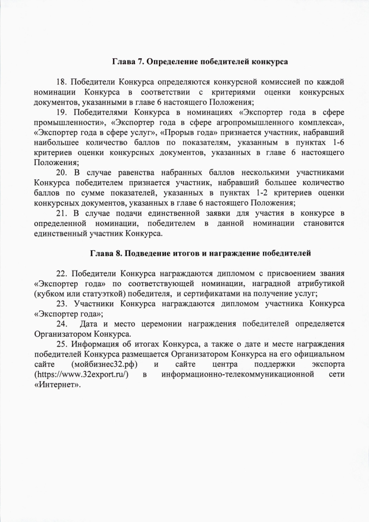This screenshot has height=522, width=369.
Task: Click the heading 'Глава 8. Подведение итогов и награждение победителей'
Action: point(200,252)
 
